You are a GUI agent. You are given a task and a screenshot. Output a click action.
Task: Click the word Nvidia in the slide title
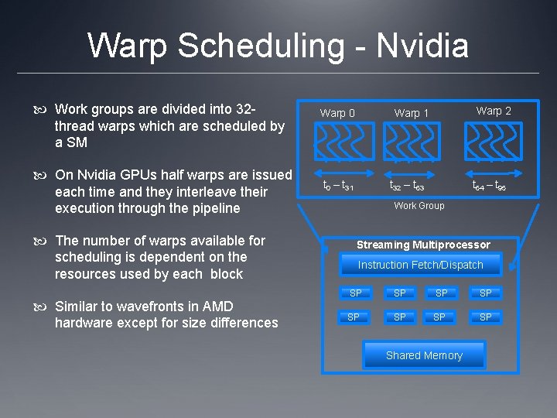pos(422,46)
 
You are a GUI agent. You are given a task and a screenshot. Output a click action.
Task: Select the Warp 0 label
pos(337,113)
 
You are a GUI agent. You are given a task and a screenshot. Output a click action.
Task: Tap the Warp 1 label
pos(412,113)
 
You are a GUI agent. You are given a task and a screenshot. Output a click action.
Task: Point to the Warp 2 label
pos(494,111)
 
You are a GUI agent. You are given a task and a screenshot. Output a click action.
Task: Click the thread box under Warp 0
pos(344,142)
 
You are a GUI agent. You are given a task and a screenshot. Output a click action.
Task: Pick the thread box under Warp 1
pos(417,142)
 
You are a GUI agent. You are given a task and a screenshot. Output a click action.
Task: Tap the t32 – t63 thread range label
pos(407,186)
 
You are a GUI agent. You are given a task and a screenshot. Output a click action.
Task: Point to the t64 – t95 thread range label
pos(489,186)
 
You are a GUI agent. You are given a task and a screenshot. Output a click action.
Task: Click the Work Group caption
pos(419,206)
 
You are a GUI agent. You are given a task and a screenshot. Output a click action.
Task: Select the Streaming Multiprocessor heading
pos(423,245)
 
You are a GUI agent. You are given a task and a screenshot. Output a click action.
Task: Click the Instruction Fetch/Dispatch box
pos(420,266)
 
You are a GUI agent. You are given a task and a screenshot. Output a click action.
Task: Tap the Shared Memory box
pos(424,355)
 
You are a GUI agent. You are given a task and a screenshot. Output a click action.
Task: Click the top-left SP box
pos(355,293)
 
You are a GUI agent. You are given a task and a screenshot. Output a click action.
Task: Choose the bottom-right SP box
pos(485,317)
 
